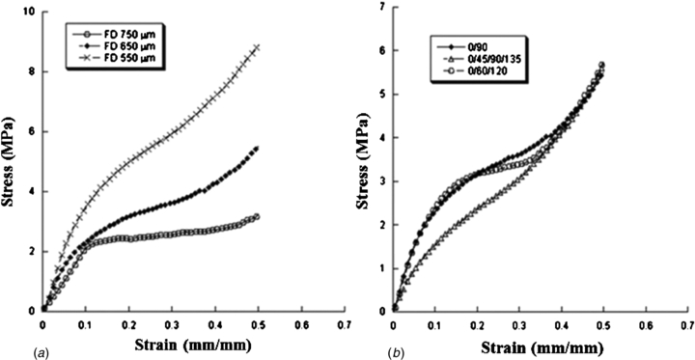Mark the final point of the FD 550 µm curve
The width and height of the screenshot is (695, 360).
point(257,46)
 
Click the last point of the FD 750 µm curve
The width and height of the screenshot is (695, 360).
point(257,216)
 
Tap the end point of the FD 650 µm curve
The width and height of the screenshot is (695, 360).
point(257,148)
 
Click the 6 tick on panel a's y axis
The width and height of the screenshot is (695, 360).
point(34,131)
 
